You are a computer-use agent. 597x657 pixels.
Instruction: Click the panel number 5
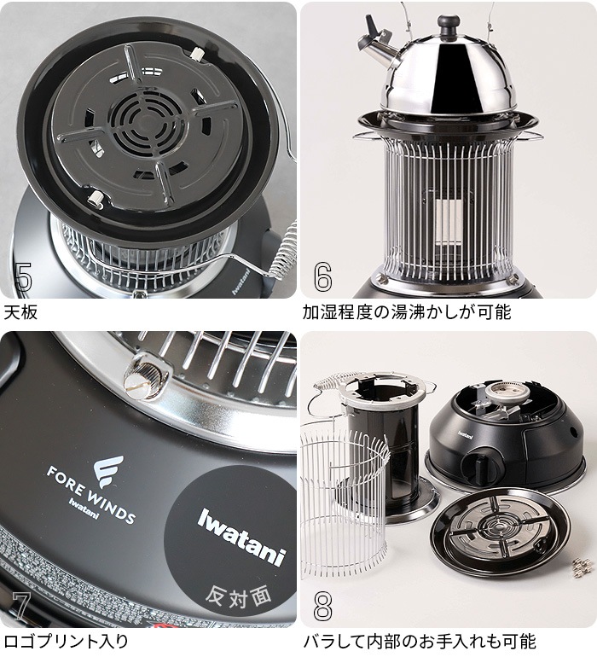[24, 276]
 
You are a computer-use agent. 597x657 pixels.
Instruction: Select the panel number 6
[322, 276]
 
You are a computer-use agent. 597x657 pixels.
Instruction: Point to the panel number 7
[20, 607]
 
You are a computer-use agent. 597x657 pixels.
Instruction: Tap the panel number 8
[322, 607]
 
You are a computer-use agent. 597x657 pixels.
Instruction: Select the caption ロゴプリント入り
[67, 641]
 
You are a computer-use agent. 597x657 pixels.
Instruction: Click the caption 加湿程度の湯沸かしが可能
[407, 311]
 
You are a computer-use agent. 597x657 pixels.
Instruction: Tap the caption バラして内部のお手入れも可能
[419, 641]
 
